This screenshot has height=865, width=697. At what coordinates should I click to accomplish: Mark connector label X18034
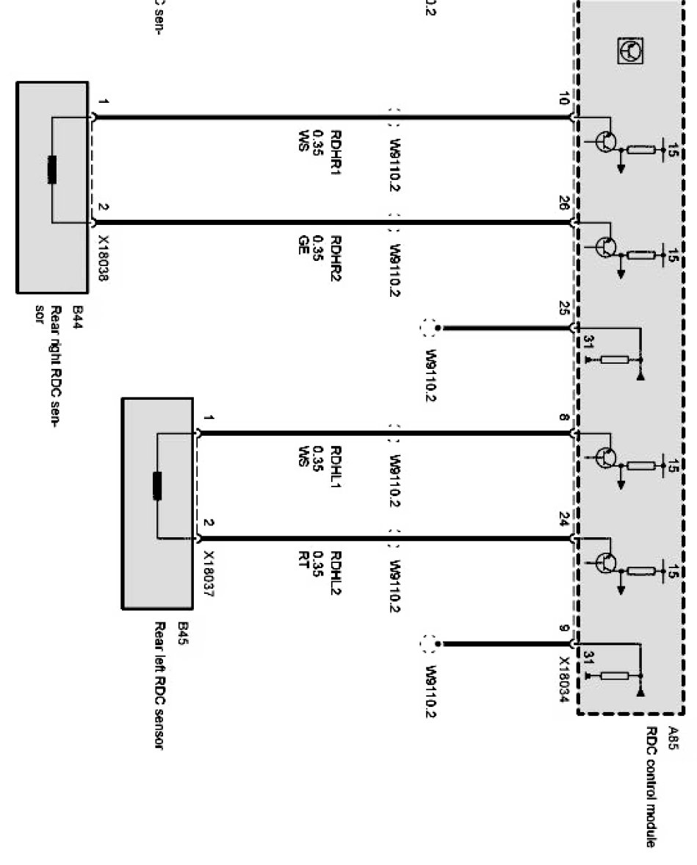point(564,680)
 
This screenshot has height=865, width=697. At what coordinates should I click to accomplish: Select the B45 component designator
point(182,634)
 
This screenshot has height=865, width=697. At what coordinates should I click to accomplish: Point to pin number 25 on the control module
point(564,309)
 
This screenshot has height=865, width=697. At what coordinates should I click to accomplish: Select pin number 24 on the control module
point(564,523)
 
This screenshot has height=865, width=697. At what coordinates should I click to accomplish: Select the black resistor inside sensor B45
point(157,486)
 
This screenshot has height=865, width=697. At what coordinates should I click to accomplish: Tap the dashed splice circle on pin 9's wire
point(429,645)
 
